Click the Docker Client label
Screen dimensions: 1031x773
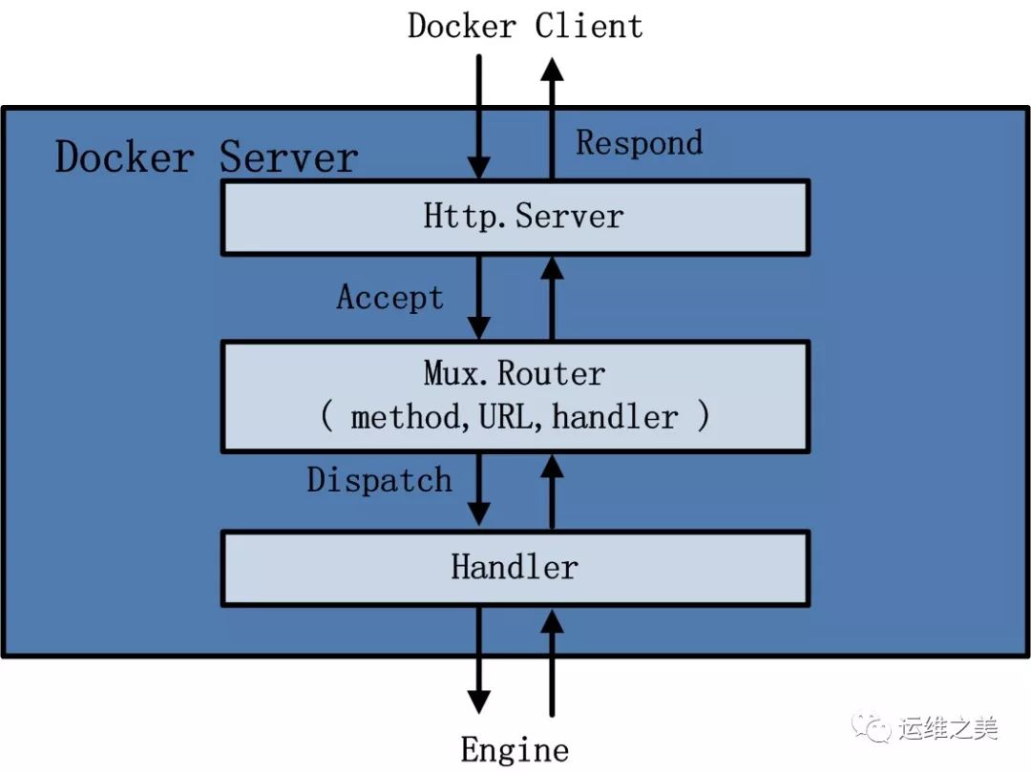click(x=525, y=27)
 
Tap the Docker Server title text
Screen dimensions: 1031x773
click(x=206, y=157)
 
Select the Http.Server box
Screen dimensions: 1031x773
click(x=515, y=218)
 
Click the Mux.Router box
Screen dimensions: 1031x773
click(x=515, y=397)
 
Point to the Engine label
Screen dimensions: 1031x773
click(x=515, y=750)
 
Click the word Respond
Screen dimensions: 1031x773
click(x=639, y=143)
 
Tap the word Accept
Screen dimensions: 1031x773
click(x=389, y=297)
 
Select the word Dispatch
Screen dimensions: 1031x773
click(x=379, y=480)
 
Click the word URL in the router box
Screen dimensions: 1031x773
click(x=506, y=417)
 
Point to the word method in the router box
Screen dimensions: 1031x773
click(x=406, y=417)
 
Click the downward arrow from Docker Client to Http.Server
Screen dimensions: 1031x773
click(x=478, y=117)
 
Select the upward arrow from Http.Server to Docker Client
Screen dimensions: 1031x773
click(x=552, y=119)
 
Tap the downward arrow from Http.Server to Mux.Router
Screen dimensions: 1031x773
click(x=478, y=298)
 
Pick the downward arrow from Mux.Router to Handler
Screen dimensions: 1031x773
click(x=478, y=490)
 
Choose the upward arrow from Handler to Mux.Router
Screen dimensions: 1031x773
click(x=552, y=492)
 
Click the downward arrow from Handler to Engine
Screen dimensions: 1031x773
click(x=478, y=660)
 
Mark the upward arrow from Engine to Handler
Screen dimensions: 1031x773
click(x=552, y=663)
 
